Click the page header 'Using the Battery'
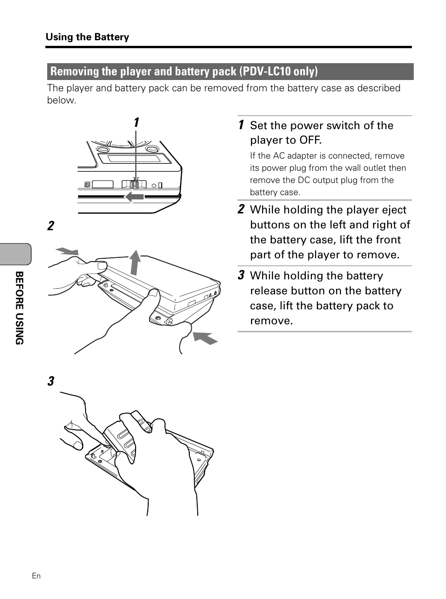click(x=87, y=37)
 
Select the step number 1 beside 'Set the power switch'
click(x=241, y=125)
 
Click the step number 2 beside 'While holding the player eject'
click(x=241, y=209)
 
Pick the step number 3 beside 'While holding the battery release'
click(x=241, y=275)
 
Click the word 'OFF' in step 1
click(x=310, y=140)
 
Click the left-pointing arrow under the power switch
click(x=134, y=197)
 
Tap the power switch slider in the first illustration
click(x=135, y=184)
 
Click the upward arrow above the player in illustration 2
click(x=135, y=262)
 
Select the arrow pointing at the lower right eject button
click(x=205, y=337)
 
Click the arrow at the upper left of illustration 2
click(x=66, y=251)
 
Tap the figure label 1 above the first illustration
click(x=136, y=123)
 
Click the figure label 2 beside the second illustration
click(x=50, y=226)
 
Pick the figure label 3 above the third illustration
click(x=50, y=381)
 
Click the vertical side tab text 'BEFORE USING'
click(x=19, y=308)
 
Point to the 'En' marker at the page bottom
click(x=36, y=576)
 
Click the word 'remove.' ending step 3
click(x=271, y=321)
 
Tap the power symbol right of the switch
click(x=154, y=185)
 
